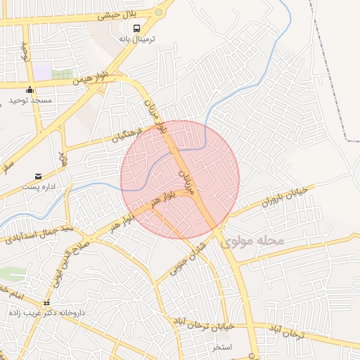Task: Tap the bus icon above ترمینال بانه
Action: tap(136, 27)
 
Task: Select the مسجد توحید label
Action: tap(30, 101)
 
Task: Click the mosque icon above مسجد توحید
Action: tap(30, 89)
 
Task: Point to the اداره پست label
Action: tap(39, 187)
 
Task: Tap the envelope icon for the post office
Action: tap(38, 175)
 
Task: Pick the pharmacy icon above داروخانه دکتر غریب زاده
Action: tap(46, 302)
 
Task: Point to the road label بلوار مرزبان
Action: tap(154, 112)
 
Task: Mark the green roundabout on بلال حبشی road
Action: tap(160, 12)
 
